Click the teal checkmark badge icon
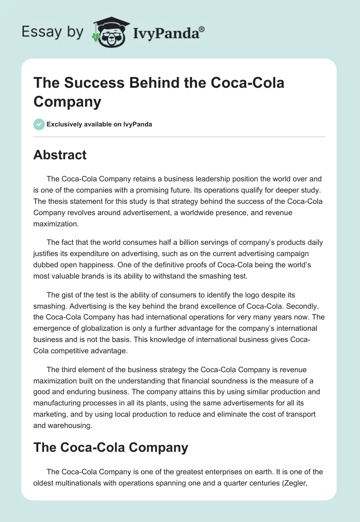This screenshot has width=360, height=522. click(39, 124)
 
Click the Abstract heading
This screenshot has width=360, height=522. click(60, 155)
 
